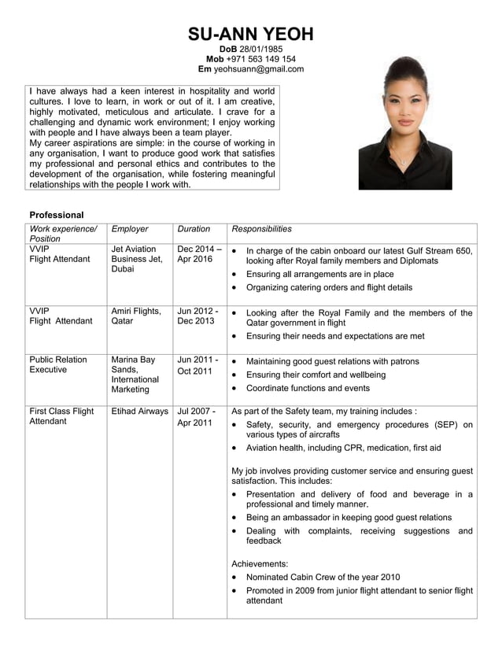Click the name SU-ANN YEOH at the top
(x=251, y=34)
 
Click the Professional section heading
(x=57, y=215)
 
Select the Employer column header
(x=130, y=229)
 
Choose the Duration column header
(x=194, y=229)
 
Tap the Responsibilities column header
(x=262, y=229)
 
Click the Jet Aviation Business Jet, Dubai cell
(x=137, y=259)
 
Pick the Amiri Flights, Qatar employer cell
(x=136, y=316)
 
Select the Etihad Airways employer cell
(x=140, y=411)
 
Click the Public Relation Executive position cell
(x=58, y=365)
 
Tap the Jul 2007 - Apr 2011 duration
(x=196, y=417)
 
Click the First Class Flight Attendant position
(x=61, y=416)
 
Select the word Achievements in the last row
(x=260, y=563)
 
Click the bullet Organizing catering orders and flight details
(x=329, y=288)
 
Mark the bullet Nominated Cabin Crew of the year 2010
(x=323, y=577)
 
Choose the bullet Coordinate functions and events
(x=308, y=389)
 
